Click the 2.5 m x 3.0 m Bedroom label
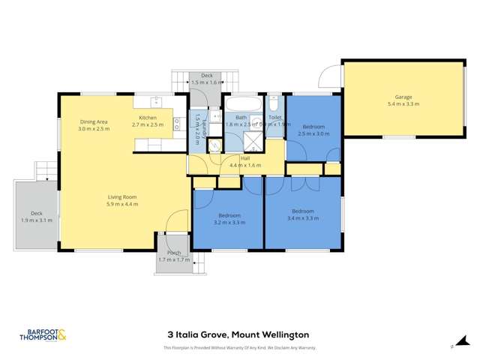tap(313, 130)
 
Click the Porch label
tap(174, 255)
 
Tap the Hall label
tap(244, 158)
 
